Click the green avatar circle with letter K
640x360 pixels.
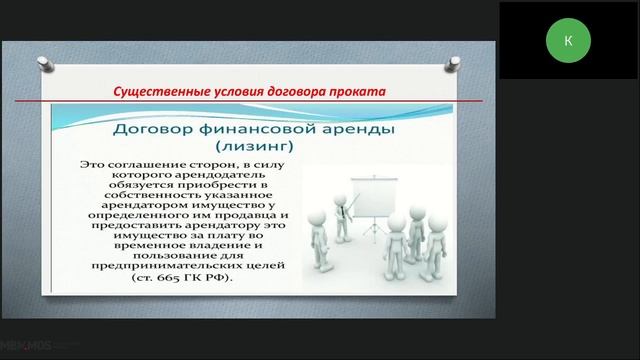click(568, 40)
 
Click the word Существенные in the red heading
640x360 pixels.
click(153, 92)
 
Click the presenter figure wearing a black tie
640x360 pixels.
click(346, 225)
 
